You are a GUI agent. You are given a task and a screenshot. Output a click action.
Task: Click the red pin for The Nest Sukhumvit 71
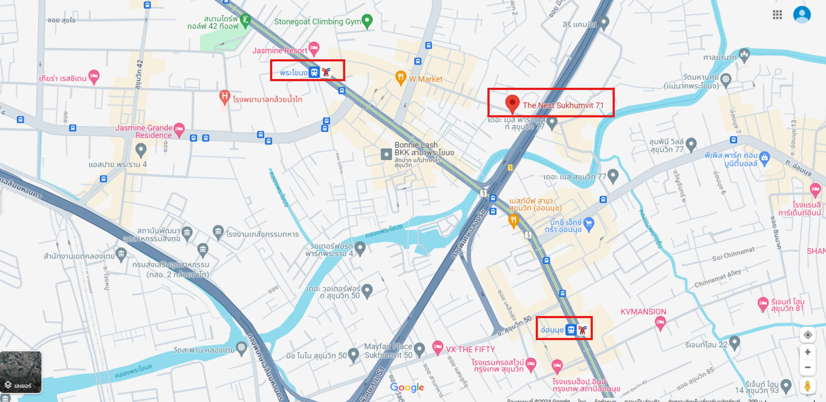tap(512, 104)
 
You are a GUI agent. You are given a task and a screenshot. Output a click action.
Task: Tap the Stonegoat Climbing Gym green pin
tap(367, 21)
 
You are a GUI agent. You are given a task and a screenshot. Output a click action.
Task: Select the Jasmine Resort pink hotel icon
tap(314, 48)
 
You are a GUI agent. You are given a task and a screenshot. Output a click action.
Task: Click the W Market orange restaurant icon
tap(400, 78)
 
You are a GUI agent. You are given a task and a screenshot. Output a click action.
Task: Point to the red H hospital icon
tap(224, 97)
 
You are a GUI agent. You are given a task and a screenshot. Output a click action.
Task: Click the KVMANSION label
tap(643, 312)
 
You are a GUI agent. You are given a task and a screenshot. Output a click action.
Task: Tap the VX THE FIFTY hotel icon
tap(437, 347)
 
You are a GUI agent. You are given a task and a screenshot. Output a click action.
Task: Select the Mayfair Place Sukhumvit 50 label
tap(388, 351)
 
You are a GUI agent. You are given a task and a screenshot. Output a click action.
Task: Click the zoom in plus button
tap(807, 352)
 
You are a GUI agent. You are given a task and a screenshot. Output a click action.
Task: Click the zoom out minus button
tap(807, 367)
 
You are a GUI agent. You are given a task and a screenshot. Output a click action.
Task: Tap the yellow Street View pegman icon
tap(807, 386)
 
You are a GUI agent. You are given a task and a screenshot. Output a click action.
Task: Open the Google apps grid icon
tap(777, 15)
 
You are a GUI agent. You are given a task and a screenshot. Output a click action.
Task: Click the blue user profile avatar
tap(801, 14)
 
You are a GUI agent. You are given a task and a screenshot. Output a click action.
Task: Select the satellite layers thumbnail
tap(21, 371)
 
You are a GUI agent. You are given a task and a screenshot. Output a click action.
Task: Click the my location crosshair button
tap(807, 335)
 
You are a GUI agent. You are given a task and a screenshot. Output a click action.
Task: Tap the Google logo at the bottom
tap(407, 387)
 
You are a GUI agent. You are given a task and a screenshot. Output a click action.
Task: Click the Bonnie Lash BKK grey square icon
tap(386, 154)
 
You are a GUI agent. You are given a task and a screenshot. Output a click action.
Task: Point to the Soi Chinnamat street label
tap(733, 254)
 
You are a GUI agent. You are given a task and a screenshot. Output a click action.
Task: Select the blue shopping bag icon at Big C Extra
tap(589, 223)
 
